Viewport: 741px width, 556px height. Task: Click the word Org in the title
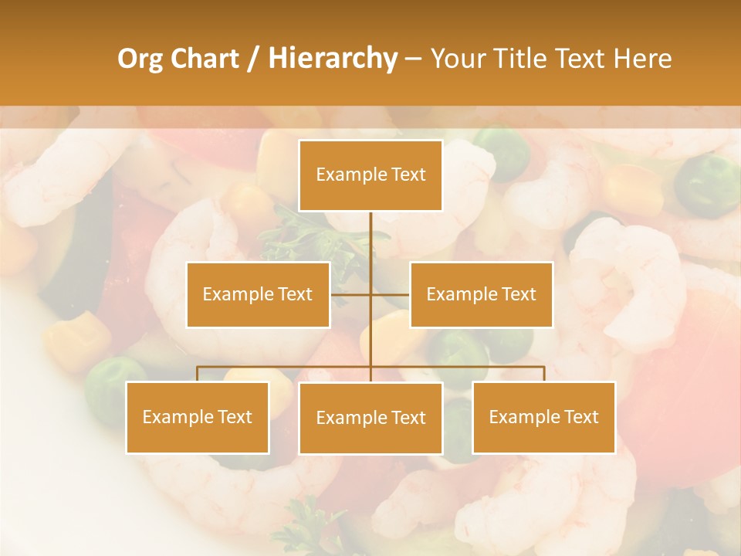(x=140, y=59)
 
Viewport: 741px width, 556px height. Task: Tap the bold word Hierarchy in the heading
(x=332, y=59)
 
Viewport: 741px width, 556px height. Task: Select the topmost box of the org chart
(x=370, y=175)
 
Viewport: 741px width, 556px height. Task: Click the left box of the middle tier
(x=258, y=294)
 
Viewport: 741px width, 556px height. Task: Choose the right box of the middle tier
(x=481, y=294)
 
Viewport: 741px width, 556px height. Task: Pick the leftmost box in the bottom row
(x=198, y=417)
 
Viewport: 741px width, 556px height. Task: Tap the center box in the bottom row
(x=370, y=418)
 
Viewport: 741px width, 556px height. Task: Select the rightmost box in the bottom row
(x=543, y=417)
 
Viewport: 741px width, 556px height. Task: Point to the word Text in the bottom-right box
(x=580, y=417)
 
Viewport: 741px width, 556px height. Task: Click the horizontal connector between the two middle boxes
(x=352, y=294)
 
